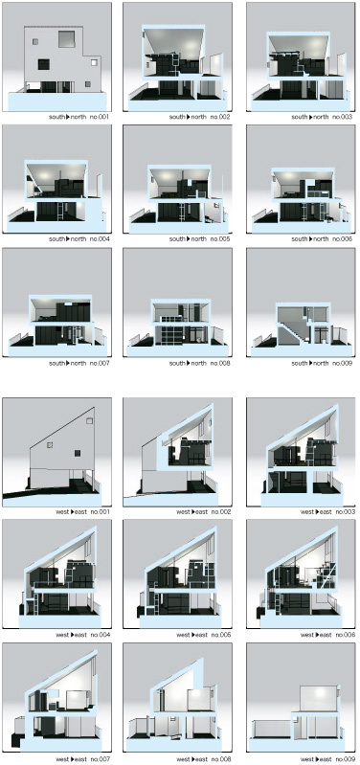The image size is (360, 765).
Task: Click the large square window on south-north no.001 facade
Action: click(67, 39)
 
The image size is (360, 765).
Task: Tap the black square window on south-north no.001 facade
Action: click(43, 64)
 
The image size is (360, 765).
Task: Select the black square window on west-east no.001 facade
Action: click(78, 453)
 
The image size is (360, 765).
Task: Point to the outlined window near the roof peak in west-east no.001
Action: click(89, 420)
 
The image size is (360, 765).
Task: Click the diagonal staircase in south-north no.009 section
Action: click(294, 326)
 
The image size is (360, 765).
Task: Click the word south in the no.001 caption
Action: click(56, 117)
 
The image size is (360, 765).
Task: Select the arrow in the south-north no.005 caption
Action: click(188, 239)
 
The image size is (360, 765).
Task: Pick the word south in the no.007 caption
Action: click(56, 364)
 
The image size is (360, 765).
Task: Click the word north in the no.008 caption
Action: click(198, 364)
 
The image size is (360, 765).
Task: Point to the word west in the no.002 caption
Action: click(183, 512)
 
